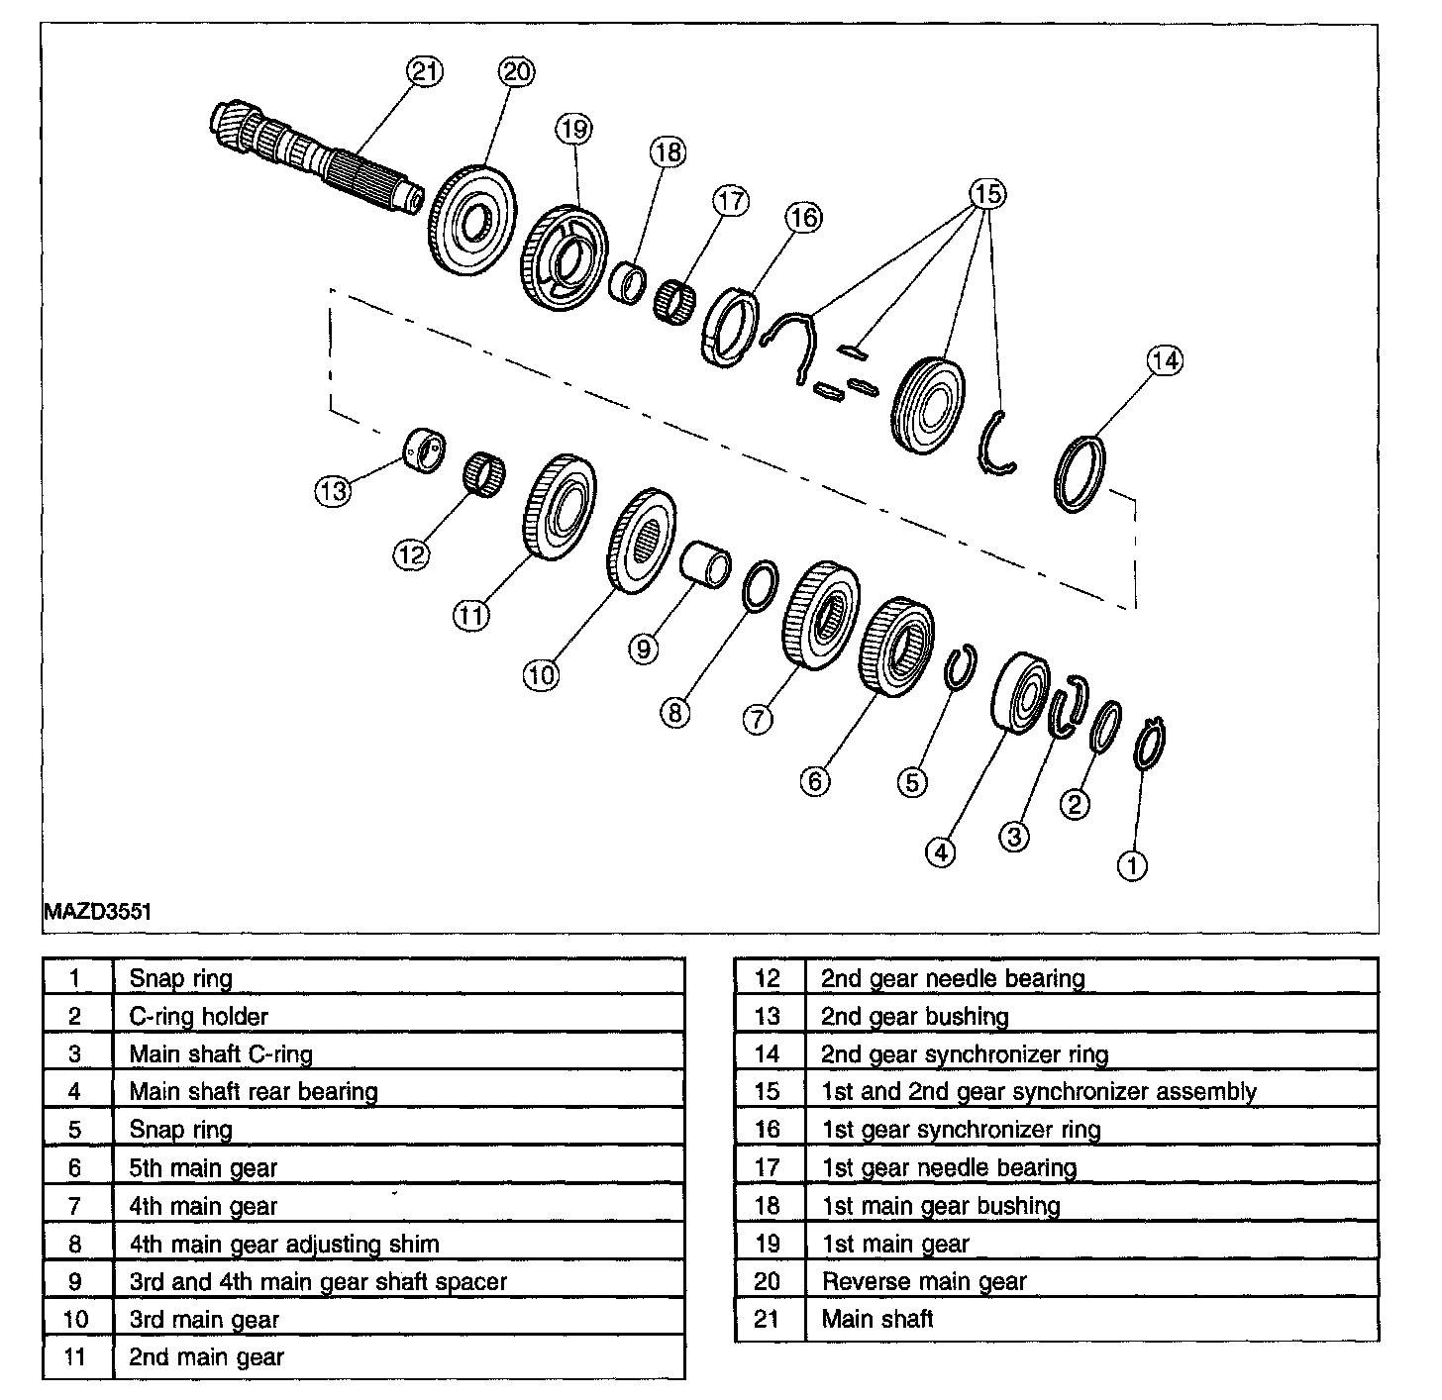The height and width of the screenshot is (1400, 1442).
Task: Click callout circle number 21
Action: (x=424, y=71)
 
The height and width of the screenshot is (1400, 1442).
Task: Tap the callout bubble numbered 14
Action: (x=1165, y=360)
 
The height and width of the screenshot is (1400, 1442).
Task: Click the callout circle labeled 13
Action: (x=334, y=490)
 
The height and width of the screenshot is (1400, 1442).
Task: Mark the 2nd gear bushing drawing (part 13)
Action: (x=424, y=450)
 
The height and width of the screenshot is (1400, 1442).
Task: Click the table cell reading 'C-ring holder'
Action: (x=199, y=1016)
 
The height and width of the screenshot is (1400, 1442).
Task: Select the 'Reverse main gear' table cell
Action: (x=924, y=1281)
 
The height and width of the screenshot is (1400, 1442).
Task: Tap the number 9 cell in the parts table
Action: (x=76, y=1281)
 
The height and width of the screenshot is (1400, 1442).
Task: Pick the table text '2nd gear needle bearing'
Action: (x=953, y=978)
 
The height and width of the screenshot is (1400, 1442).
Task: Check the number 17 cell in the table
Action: (x=768, y=1167)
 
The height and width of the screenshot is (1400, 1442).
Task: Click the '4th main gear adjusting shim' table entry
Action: (x=284, y=1244)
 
